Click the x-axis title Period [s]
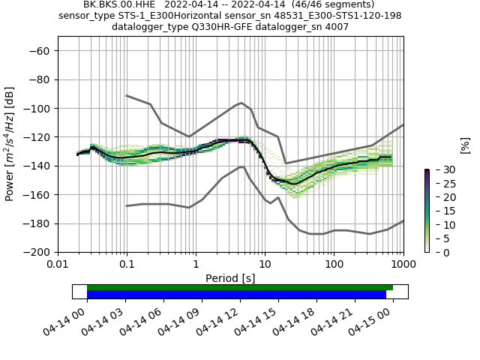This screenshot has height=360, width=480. (x=230, y=278)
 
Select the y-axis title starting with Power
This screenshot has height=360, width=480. (x=10, y=145)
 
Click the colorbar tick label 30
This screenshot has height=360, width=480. (x=442, y=170)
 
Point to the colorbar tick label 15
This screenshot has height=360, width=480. (x=442, y=211)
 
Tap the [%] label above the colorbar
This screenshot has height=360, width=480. (x=465, y=145)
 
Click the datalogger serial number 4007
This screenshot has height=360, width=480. (x=336, y=27)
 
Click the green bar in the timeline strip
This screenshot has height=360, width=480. (x=240, y=287)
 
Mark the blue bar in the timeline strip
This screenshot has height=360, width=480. (x=236, y=295)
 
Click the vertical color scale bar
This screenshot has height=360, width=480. (x=427, y=211)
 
